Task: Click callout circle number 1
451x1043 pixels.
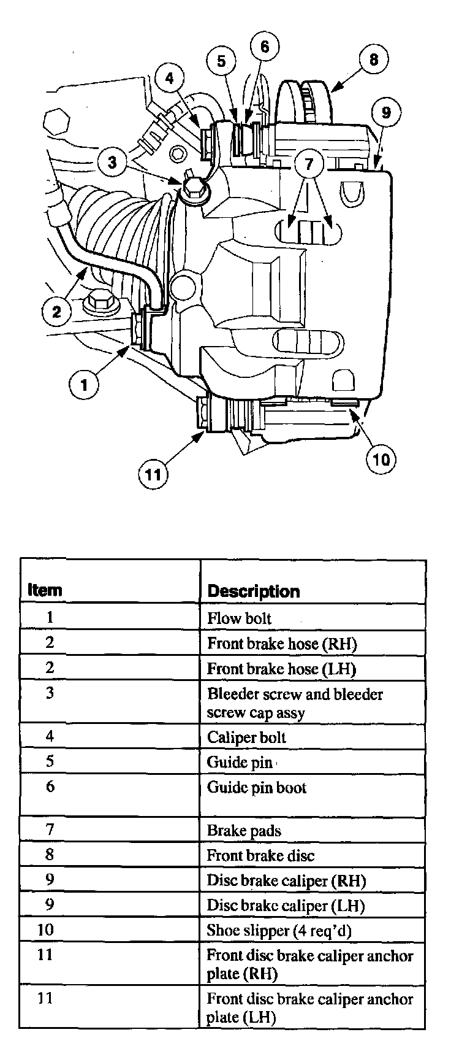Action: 84,385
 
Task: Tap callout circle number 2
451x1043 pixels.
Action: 57,312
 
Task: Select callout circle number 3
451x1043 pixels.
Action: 112,162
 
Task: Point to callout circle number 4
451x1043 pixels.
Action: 169,78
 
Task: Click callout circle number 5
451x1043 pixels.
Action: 221,61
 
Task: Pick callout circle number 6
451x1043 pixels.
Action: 265,47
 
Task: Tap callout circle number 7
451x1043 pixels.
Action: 309,164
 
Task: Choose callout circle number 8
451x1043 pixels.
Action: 374,59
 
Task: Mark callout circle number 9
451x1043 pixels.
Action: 386,112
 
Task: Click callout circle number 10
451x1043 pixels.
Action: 381,458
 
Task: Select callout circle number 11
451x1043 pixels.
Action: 153,474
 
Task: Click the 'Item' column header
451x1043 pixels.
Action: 45,590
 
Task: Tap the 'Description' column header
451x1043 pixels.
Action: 254,591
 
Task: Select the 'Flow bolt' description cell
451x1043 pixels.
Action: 239,618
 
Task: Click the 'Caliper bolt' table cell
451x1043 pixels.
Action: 246,737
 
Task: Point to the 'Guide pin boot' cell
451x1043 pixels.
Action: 257,787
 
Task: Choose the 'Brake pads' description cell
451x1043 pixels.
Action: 244,831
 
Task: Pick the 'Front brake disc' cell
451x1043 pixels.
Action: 260,855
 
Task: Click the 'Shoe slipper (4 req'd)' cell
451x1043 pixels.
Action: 279,931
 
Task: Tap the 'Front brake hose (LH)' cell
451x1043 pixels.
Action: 281,668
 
